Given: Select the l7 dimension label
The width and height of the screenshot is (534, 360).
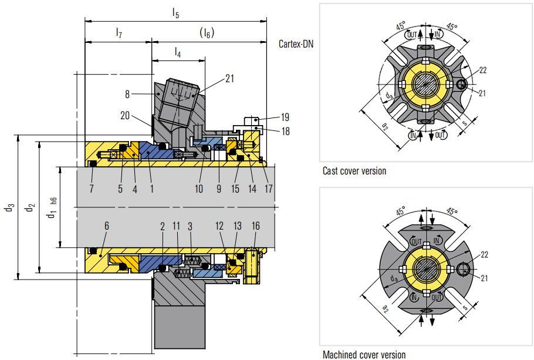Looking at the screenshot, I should (x=119, y=33).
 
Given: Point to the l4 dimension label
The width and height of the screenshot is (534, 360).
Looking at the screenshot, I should (x=178, y=52).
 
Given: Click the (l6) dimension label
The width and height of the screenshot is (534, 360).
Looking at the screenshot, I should (x=207, y=33).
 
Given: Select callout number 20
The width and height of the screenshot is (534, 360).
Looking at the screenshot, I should (x=125, y=116).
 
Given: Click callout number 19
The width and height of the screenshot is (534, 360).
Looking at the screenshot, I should (x=285, y=116).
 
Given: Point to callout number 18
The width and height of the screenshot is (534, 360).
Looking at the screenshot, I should (x=285, y=132).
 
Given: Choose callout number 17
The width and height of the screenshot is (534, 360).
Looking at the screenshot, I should (x=268, y=189).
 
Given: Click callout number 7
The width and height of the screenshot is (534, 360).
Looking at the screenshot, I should (x=91, y=189).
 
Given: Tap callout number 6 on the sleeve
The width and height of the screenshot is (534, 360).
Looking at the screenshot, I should (x=106, y=226).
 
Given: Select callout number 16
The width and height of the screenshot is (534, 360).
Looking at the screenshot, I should (x=256, y=226).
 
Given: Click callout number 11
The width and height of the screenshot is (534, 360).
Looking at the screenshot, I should (x=177, y=226).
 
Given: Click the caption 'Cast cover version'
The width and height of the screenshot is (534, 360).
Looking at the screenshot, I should (x=354, y=171).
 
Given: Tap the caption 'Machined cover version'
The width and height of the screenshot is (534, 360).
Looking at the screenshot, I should (x=364, y=354).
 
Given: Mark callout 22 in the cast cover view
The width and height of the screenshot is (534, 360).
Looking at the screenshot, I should (x=482, y=70).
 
